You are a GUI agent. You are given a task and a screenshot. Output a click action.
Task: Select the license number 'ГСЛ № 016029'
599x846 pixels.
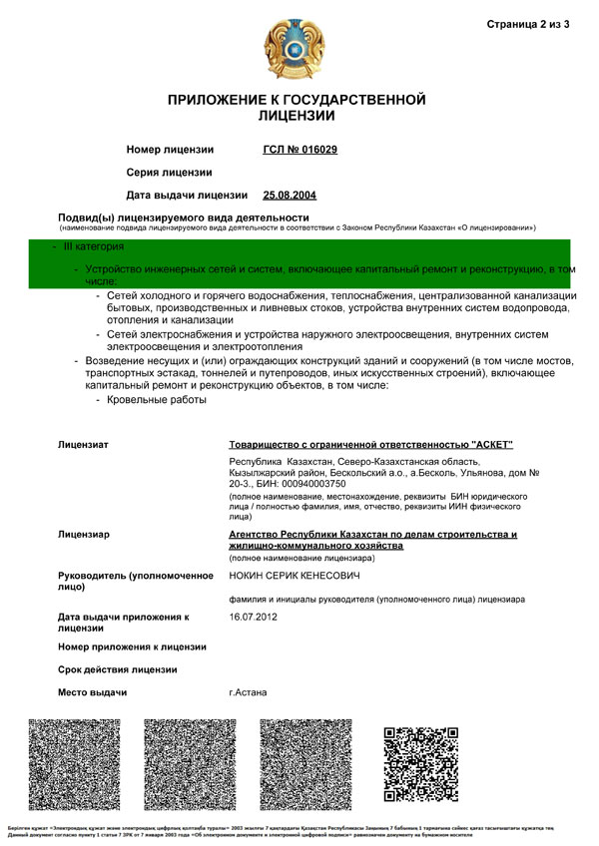299,150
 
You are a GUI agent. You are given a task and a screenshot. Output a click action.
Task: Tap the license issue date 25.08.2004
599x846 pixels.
290,195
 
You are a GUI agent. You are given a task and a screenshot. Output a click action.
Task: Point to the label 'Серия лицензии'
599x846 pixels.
169,173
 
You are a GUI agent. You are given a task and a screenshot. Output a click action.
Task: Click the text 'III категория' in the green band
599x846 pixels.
94,245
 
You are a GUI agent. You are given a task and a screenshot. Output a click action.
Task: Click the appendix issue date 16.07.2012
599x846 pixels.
253,618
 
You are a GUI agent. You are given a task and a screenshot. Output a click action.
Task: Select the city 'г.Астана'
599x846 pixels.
248,692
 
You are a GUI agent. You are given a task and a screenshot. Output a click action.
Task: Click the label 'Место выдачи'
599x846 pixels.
93,692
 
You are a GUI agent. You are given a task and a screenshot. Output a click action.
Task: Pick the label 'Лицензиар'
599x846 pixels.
84,535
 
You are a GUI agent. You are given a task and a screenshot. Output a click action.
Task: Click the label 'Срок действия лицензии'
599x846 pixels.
118,669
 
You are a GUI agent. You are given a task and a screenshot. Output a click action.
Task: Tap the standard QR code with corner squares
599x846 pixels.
420,764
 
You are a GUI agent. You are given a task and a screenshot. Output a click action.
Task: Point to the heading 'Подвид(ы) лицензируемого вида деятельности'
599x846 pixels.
184,216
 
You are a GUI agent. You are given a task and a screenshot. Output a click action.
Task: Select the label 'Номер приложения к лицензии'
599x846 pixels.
132,646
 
